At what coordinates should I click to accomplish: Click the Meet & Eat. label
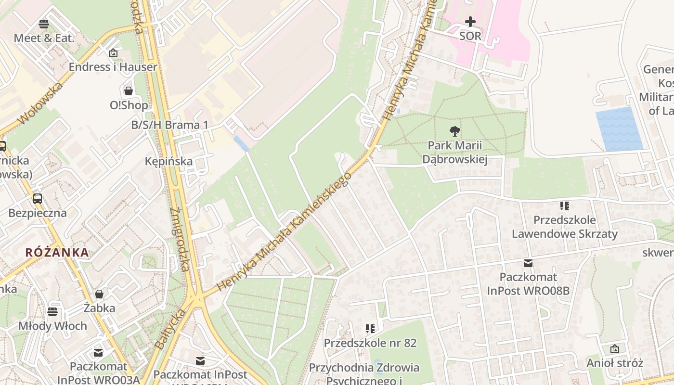[44, 38]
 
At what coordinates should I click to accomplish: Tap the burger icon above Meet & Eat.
[44, 24]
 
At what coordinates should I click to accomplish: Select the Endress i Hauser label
[113, 67]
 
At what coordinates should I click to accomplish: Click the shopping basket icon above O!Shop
[129, 90]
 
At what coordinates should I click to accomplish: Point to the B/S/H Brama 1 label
[170, 125]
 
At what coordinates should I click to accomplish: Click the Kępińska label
[168, 161]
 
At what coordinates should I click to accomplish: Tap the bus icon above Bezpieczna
[38, 198]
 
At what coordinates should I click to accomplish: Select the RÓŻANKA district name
[57, 252]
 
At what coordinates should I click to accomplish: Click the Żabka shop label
[99, 308]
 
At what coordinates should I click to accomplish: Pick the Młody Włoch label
[52, 326]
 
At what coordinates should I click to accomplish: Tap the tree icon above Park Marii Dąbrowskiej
[454, 131]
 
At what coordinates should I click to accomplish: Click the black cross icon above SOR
[470, 22]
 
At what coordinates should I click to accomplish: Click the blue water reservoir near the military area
[619, 129]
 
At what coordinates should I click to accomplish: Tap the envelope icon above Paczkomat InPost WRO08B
[528, 263]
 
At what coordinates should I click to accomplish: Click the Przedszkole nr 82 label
[370, 343]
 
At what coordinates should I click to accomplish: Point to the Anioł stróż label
[614, 363]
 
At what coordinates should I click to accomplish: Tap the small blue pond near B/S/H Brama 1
[241, 143]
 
